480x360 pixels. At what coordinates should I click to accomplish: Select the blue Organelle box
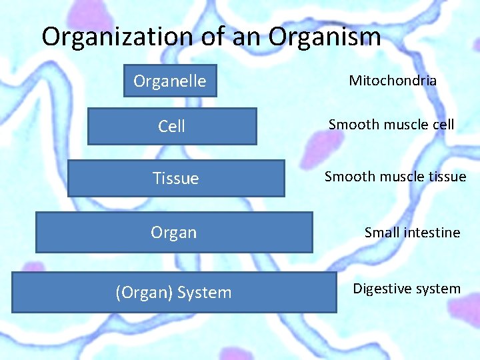(x=170, y=81)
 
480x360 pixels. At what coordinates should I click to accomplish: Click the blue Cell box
(x=172, y=126)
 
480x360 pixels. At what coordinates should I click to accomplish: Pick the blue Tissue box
(x=176, y=178)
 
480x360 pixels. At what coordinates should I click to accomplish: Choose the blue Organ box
(x=174, y=232)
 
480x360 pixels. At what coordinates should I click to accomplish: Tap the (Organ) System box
(x=174, y=292)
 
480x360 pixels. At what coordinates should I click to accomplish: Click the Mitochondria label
(x=393, y=81)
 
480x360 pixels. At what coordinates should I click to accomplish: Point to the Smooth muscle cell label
(x=391, y=124)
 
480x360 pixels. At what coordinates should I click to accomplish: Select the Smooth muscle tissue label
(x=395, y=177)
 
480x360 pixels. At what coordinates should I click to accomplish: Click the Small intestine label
(x=412, y=233)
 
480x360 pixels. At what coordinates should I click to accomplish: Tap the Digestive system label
(x=407, y=289)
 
